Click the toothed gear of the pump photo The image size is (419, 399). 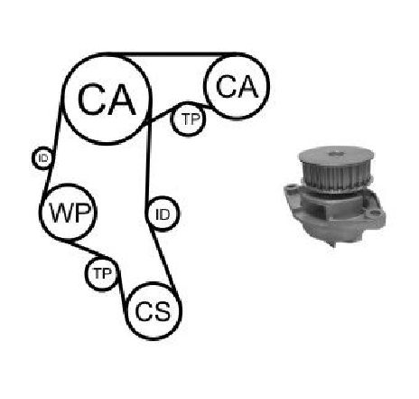coord(336,176)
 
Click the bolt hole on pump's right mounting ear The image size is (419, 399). coord(375,214)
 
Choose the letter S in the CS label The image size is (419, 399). coord(162,311)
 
